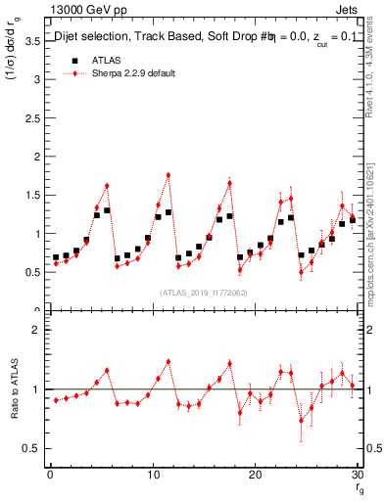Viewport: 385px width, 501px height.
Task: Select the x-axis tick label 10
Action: (153, 476)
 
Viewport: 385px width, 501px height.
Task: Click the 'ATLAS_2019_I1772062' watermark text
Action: (203, 293)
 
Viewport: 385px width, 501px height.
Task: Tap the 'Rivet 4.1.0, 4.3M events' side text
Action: (375, 88)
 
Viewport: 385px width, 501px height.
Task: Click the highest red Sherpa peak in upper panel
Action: (168, 175)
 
